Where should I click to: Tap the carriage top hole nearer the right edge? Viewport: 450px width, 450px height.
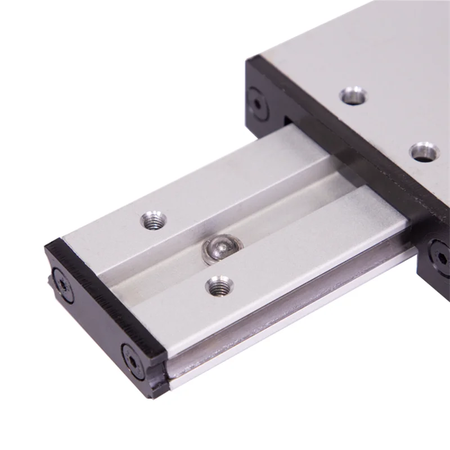click(x=425, y=151)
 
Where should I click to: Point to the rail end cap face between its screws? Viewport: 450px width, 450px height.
click(x=96, y=315)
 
